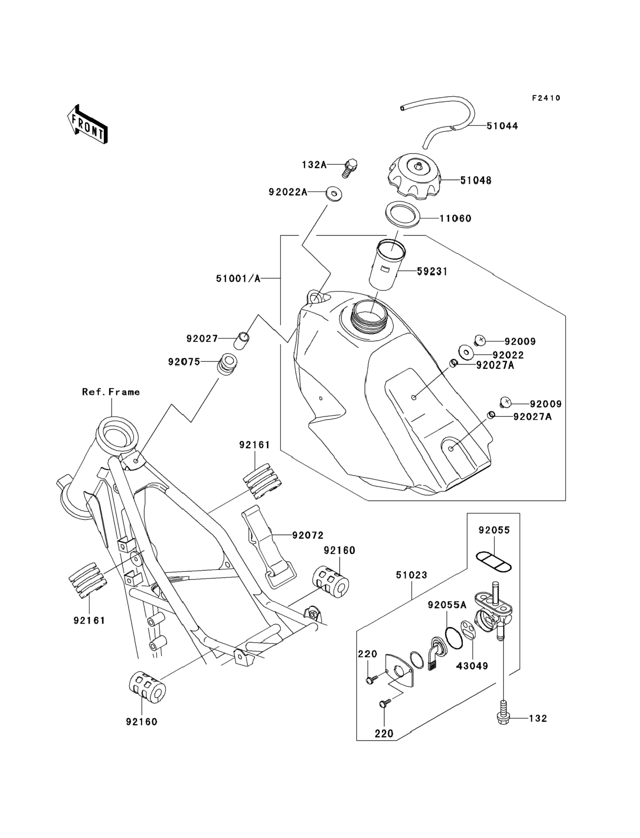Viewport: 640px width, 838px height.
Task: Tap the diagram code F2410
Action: pyautogui.click(x=546, y=98)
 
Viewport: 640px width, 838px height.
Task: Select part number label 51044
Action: pyautogui.click(x=502, y=126)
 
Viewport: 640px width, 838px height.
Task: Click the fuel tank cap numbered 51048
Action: pyautogui.click(x=414, y=177)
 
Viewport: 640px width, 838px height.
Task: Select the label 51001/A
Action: pyautogui.click(x=238, y=279)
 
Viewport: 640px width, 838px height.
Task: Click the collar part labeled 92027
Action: pyautogui.click(x=243, y=340)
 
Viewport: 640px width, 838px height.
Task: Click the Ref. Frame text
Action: pyautogui.click(x=111, y=392)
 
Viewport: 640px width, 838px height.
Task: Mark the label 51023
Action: pyautogui.click(x=412, y=575)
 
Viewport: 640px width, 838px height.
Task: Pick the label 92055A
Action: pyautogui.click(x=447, y=605)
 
